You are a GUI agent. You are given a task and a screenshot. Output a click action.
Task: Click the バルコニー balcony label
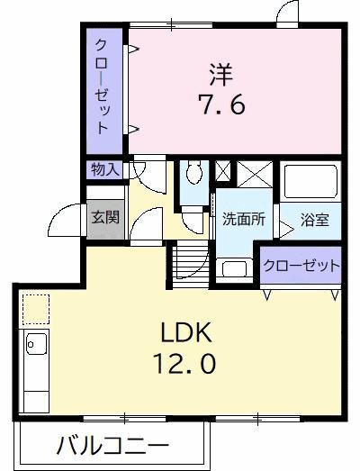[111, 445]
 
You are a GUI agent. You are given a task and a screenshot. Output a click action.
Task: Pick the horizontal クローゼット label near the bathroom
[301, 266]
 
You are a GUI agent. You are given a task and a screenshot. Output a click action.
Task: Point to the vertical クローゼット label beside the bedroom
[105, 86]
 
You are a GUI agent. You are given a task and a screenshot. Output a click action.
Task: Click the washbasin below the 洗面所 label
[234, 267]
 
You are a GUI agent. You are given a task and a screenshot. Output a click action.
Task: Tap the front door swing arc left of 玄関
[65, 219]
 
